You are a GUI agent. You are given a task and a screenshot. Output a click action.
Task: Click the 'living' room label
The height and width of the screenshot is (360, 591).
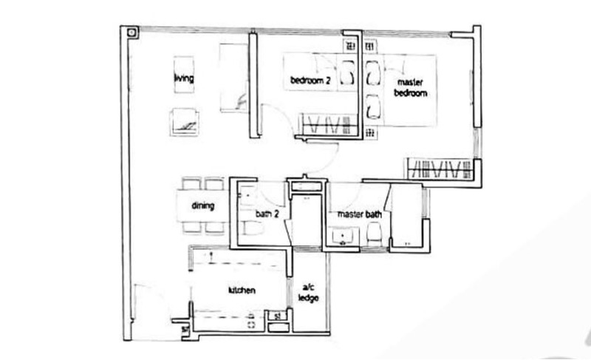point(184,78)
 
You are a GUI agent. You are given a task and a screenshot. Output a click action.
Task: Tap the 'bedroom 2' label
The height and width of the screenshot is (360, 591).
point(310,81)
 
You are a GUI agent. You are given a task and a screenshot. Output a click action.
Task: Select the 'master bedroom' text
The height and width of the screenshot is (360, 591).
point(411,87)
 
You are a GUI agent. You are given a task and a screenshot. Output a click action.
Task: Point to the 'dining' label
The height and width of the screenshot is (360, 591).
point(202,206)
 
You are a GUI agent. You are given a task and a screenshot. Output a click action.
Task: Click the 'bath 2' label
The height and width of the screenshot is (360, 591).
point(267,214)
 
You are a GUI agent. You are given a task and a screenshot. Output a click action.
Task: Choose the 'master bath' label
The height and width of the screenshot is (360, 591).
point(359,214)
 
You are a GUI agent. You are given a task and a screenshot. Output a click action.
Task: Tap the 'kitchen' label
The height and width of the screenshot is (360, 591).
point(242,291)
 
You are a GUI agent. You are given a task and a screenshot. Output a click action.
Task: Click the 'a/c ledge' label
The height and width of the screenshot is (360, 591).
point(308,293)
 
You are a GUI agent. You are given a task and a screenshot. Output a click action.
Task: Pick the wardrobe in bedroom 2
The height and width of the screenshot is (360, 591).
point(328,124)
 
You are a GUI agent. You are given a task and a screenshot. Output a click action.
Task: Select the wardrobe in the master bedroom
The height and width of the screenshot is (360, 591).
point(440,168)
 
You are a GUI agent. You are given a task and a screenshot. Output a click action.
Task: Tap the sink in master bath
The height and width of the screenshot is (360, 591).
point(343,237)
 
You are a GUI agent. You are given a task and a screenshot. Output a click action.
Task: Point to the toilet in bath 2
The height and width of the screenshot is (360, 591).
point(252,228)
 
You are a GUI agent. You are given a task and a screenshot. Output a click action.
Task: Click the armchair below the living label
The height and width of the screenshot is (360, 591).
point(184,122)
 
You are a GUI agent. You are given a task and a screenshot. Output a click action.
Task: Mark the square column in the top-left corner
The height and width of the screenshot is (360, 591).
point(131,33)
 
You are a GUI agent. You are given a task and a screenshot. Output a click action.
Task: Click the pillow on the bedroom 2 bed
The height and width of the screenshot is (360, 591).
point(347,72)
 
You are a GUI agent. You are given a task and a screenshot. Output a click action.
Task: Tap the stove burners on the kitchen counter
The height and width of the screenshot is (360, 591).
point(251,320)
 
